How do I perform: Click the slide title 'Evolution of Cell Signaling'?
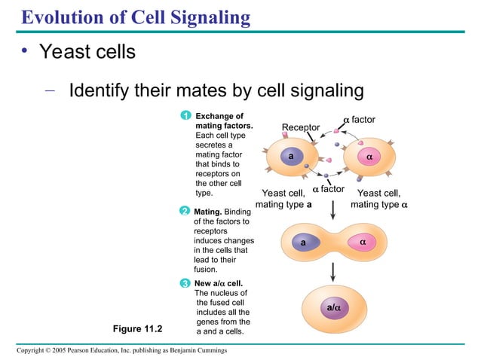click(x=135, y=16)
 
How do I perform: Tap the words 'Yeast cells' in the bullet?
click(x=87, y=52)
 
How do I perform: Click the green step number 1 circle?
click(x=185, y=115)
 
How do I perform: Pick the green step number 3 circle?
click(x=185, y=283)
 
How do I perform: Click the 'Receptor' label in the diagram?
click(x=300, y=127)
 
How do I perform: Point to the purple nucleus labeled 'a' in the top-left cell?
click(x=290, y=156)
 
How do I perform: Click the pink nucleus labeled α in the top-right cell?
click(x=369, y=157)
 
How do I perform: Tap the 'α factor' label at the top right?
click(x=359, y=120)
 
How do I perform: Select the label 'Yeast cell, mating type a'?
click(x=283, y=199)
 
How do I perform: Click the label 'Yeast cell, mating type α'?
click(x=378, y=199)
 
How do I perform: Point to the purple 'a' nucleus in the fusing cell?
click(x=302, y=243)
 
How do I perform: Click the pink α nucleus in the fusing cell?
click(x=363, y=243)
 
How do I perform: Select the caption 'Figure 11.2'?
click(x=137, y=328)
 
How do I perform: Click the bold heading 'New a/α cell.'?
click(x=219, y=283)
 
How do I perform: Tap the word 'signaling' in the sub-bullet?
click(x=316, y=91)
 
